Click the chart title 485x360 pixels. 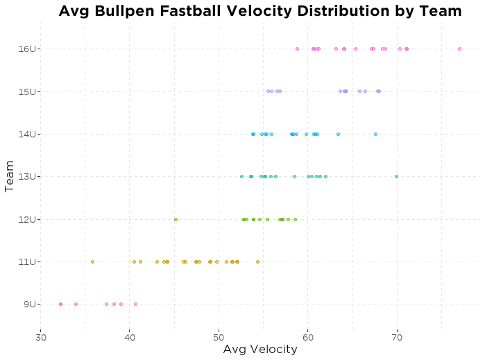point(259,11)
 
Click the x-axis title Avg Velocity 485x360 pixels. point(259,350)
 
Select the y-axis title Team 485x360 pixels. point(10,176)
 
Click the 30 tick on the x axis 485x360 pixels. point(41,337)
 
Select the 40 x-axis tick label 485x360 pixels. point(130,337)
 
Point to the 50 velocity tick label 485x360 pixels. point(219,337)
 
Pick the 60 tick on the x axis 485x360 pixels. point(308,337)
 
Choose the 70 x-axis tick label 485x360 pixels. point(397,337)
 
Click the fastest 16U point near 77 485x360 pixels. point(459,49)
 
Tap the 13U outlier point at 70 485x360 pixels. point(396,176)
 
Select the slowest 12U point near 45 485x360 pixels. point(176,219)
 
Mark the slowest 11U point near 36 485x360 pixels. point(92,262)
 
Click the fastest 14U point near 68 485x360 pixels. point(375,134)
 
